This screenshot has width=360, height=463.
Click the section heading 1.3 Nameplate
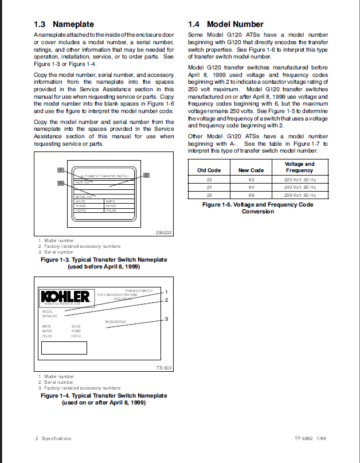click(64, 25)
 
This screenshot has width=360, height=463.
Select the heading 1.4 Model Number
click(226, 25)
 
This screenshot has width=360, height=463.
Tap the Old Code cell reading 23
click(209, 180)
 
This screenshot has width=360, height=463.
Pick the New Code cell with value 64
click(251, 187)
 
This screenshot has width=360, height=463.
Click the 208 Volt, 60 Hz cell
click(299, 194)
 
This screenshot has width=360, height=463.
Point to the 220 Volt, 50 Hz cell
click(299, 180)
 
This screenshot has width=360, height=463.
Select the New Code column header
click(251, 170)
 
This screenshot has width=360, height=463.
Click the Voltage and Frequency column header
click(299, 167)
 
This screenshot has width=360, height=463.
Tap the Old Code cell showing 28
click(209, 194)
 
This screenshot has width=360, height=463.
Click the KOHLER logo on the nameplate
click(65, 297)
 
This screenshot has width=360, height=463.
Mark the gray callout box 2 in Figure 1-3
click(146, 175)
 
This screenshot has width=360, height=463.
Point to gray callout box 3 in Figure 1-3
click(60, 183)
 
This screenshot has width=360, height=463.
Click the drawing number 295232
click(164, 232)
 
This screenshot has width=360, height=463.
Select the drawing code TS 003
click(164, 368)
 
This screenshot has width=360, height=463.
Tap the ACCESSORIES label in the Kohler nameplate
click(116, 322)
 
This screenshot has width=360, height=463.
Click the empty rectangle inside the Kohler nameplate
click(64, 348)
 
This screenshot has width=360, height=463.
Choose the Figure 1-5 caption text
click(257, 208)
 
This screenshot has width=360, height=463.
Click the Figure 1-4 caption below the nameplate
click(103, 399)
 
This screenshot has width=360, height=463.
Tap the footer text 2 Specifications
click(53, 438)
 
